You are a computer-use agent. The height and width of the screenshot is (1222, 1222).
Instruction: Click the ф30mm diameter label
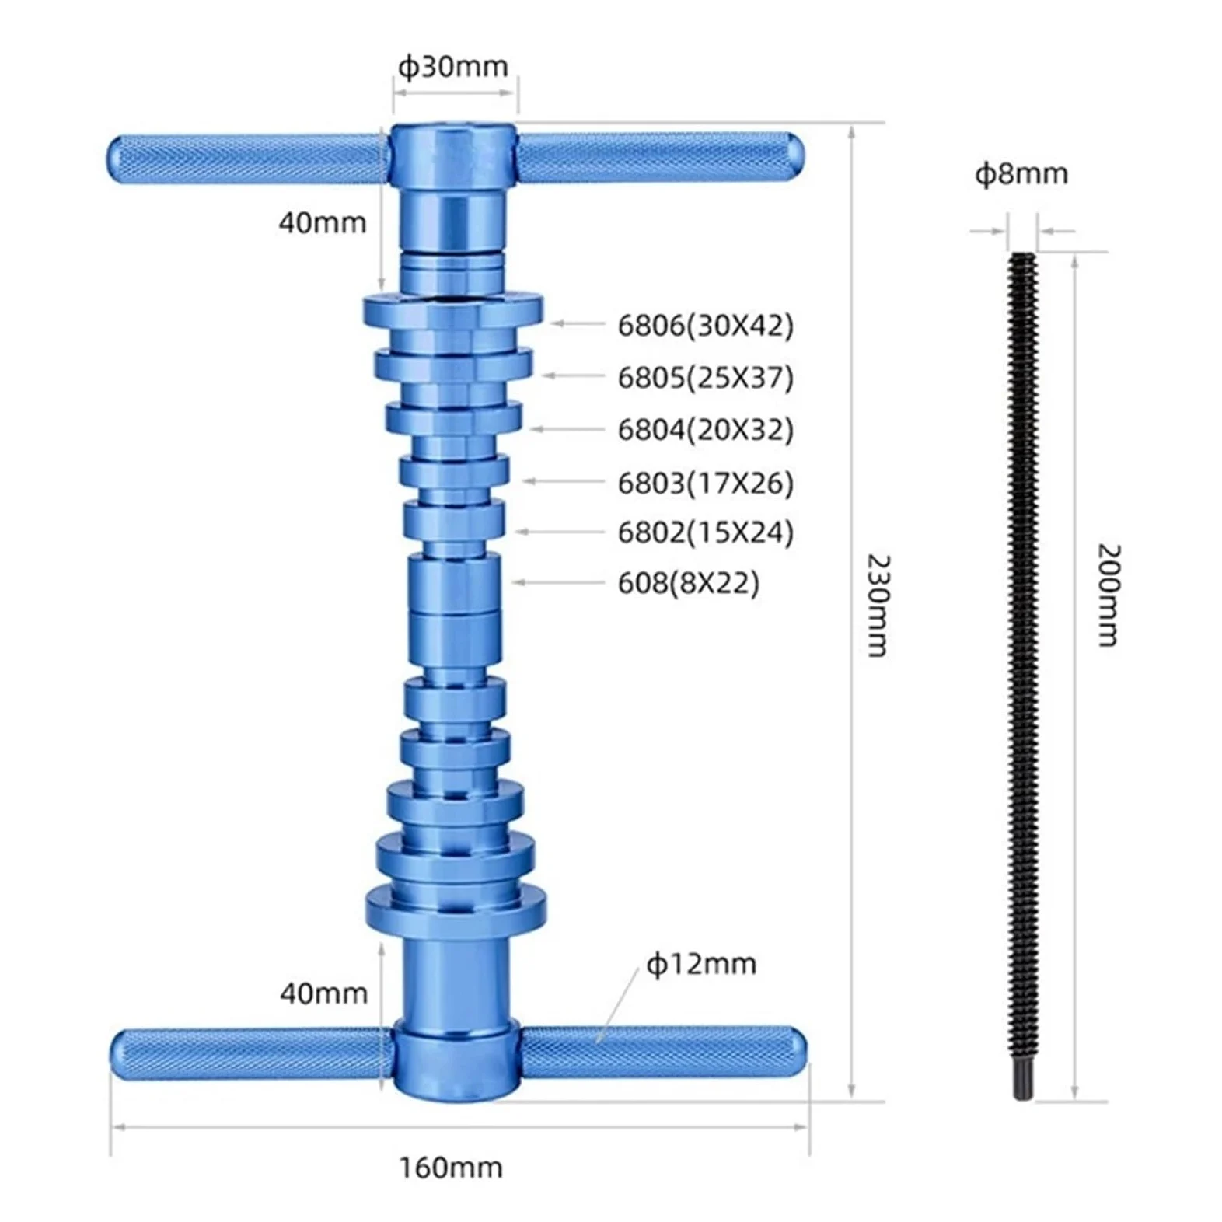[x=453, y=67]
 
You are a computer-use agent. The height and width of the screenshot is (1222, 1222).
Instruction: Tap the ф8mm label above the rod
[x=1021, y=173]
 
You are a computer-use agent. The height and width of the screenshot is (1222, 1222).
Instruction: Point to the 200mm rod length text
[x=1108, y=595]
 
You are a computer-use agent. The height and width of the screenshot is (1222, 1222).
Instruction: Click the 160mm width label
[x=451, y=1168]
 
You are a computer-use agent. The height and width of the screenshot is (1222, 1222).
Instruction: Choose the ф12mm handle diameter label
[x=701, y=964]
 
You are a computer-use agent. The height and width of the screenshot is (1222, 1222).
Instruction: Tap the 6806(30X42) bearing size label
[x=706, y=325]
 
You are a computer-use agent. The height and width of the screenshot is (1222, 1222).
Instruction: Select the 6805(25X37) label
[x=706, y=377]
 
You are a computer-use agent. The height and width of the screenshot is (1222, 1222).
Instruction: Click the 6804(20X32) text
[x=706, y=429]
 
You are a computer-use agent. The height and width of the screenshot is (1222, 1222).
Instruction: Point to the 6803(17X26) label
[x=706, y=483]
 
